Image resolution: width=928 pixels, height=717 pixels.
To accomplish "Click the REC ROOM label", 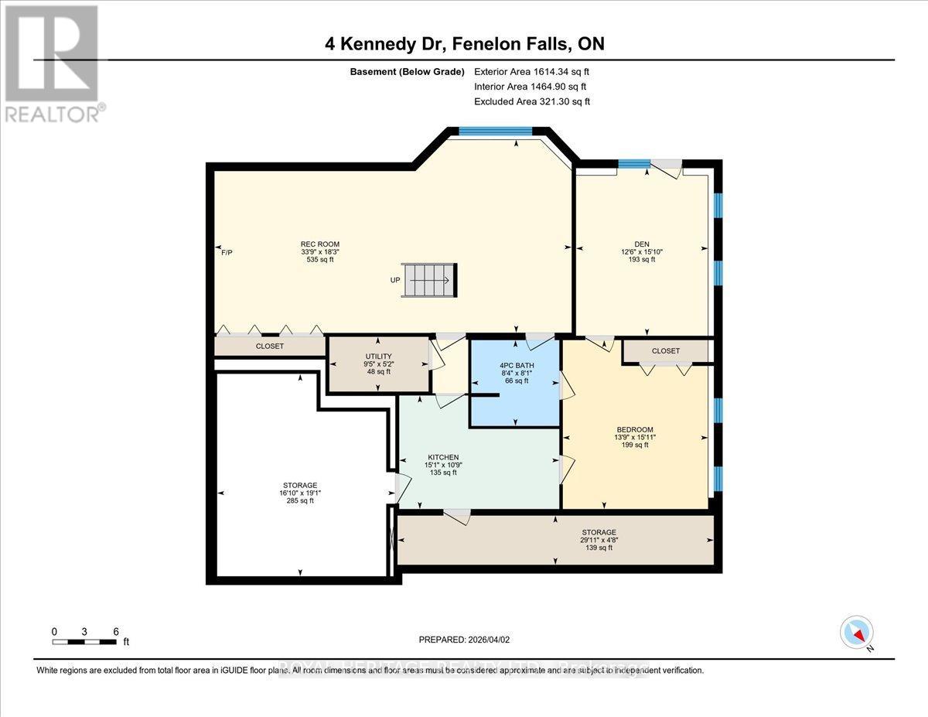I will pyautogui.click(x=320, y=244).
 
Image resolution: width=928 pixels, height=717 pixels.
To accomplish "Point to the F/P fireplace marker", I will pyautogui.click(x=227, y=252).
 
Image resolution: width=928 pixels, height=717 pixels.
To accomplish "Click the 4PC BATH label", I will pyautogui.click(x=516, y=365).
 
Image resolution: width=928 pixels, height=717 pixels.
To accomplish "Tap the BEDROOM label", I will pyautogui.click(x=634, y=430).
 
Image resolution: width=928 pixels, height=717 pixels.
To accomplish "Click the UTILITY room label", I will pyautogui.click(x=378, y=356).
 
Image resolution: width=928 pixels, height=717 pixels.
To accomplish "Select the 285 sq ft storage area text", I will pyautogui.click(x=300, y=500).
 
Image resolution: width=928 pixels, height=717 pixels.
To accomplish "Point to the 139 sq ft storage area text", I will pyautogui.click(x=599, y=548).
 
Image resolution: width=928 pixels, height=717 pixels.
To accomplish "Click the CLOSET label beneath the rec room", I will pyautogui.click(x=269, y=347).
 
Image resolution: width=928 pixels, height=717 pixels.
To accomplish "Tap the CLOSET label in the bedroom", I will pyautogui.click(x=665, y=351).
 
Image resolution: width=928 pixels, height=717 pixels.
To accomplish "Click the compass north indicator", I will pyautogui.click(x=857, y=633).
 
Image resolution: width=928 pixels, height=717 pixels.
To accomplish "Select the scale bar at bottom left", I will pyautogui.click(x=85, y=641).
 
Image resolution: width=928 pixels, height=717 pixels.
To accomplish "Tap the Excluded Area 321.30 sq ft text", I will pyautogui.click(x=531, y=101).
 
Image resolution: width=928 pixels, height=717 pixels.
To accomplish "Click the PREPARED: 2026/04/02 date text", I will pyautogui.click(x=464, y=640).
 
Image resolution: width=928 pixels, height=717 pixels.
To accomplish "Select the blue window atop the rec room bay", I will pyautogui.click(x=495, y=131).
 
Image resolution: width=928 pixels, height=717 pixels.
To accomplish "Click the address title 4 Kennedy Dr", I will pyautogui.click(x=464, y=44).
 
